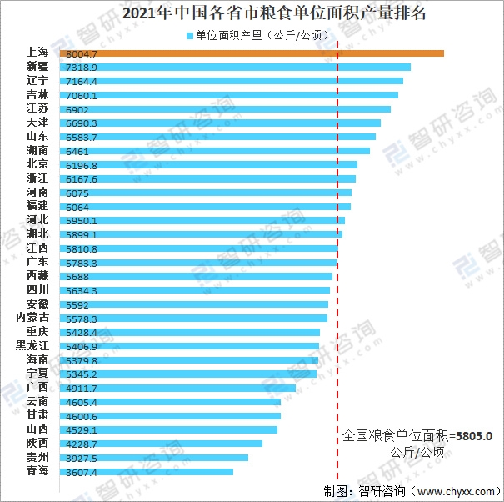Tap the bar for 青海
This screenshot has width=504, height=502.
146,472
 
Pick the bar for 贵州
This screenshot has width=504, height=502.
153,458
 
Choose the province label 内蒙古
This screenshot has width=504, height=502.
32,318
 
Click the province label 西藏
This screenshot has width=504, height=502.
37,276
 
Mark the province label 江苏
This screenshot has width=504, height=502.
37,108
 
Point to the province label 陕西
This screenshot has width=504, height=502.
37,444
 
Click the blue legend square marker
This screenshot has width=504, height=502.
190,35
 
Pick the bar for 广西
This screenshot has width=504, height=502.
177,388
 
